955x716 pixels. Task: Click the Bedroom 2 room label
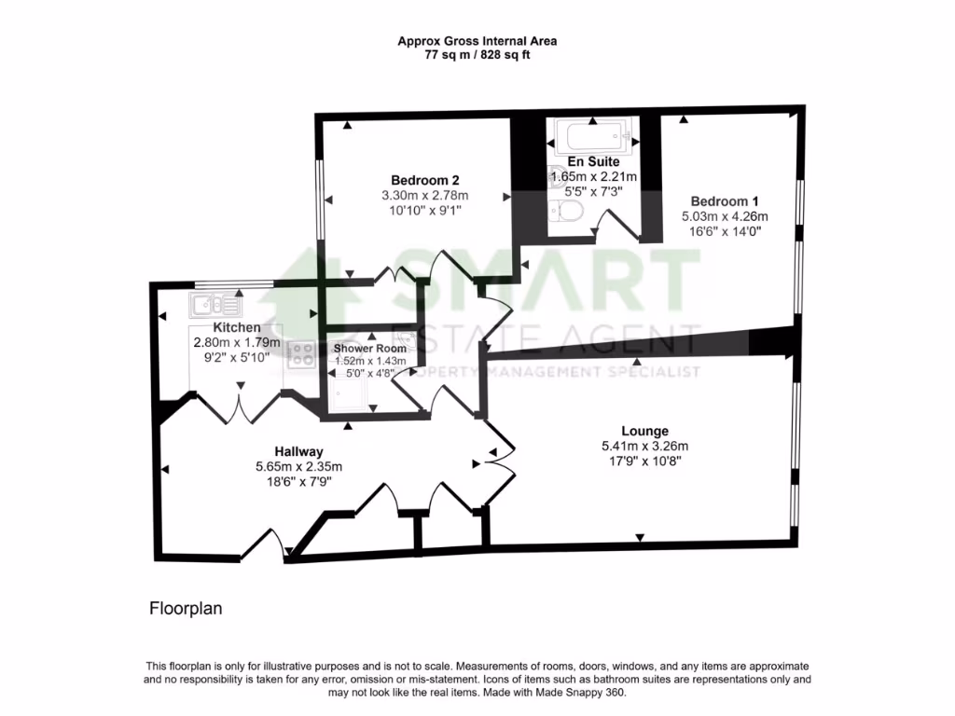[424, 180]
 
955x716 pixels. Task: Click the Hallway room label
[299, 450]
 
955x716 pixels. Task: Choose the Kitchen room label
[237, 327]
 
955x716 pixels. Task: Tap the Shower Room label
[365, 348]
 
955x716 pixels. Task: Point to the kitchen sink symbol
[215, 304]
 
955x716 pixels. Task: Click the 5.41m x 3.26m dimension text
[645, 447]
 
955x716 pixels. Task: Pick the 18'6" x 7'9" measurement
[299, 482]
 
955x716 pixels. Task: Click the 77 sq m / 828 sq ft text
[477, 55]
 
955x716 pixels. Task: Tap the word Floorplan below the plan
[186, 609]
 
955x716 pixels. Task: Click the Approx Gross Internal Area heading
[477, 41]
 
